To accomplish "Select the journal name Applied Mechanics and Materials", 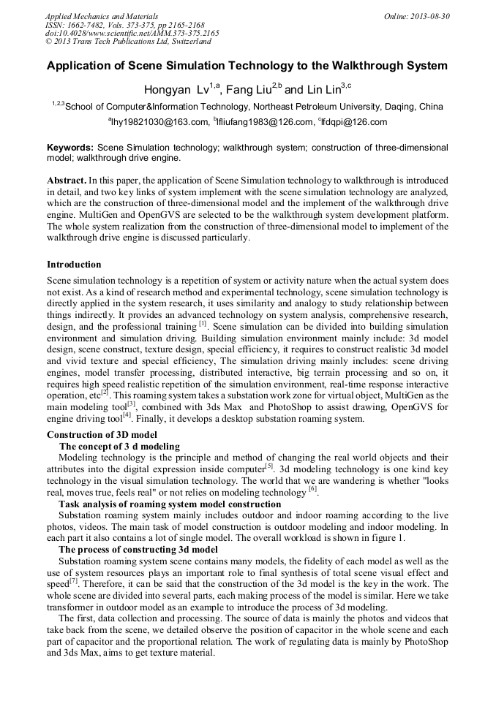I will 102,16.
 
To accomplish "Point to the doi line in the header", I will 132,34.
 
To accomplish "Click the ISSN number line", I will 124,25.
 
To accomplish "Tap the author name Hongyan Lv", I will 176,90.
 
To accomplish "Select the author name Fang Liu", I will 249,90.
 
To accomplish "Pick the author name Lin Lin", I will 323,90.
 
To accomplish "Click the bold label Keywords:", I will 70,147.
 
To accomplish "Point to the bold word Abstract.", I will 66,179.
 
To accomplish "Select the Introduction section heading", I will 74,264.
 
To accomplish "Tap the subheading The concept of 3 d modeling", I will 119,446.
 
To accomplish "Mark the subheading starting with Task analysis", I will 170,504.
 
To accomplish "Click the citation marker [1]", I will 203,322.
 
